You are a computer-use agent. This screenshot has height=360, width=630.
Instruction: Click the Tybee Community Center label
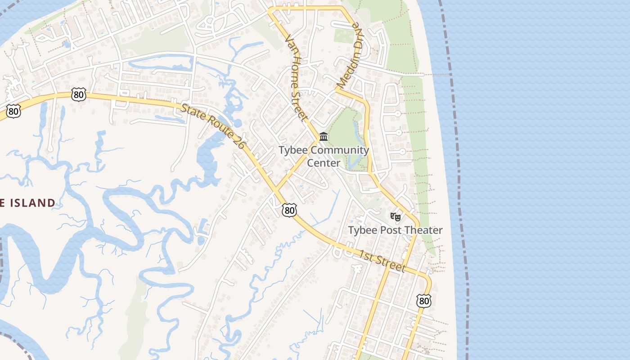tap(324, 156)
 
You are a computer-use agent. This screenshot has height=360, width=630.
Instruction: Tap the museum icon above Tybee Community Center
tap(324, 136)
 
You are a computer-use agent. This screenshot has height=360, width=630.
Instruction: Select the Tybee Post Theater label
tap(396, 230)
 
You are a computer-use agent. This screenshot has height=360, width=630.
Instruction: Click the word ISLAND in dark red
tap(31, 203)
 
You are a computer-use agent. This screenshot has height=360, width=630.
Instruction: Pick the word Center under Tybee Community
tap(324, 163)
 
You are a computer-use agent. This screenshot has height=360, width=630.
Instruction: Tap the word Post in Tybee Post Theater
tap(390, 230)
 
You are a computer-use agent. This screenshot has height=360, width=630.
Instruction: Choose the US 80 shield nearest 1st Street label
tap(423, 301)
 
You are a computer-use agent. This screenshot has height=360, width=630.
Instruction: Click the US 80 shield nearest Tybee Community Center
tap(290, 210)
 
